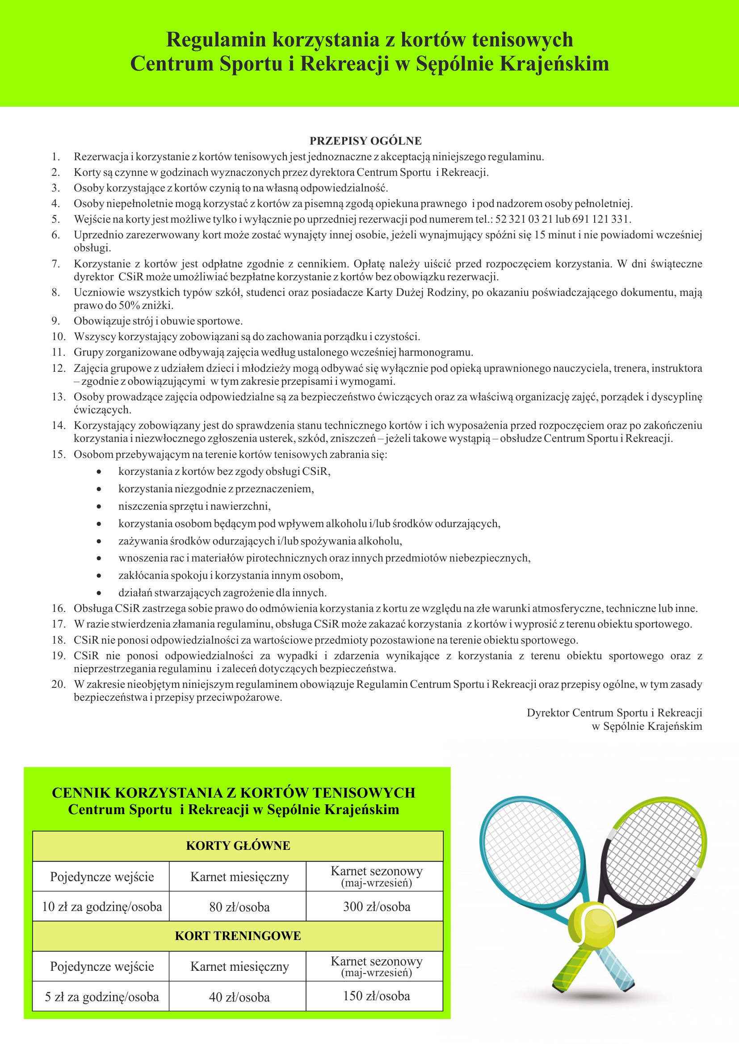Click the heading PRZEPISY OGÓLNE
(365, 141)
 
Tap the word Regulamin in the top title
(216, 40)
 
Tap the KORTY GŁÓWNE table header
(238, 846)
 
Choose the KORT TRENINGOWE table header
(238, 936)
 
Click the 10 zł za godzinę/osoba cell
(101, 907)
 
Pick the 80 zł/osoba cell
(239, 907)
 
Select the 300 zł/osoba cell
(376, 907)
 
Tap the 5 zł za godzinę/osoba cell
(101, 997)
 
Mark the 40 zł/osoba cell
(239, 997)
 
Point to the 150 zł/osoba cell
(376, 996)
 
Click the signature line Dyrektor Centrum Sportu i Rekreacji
(614, 712)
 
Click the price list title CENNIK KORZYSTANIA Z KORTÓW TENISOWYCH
(233, 793)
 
